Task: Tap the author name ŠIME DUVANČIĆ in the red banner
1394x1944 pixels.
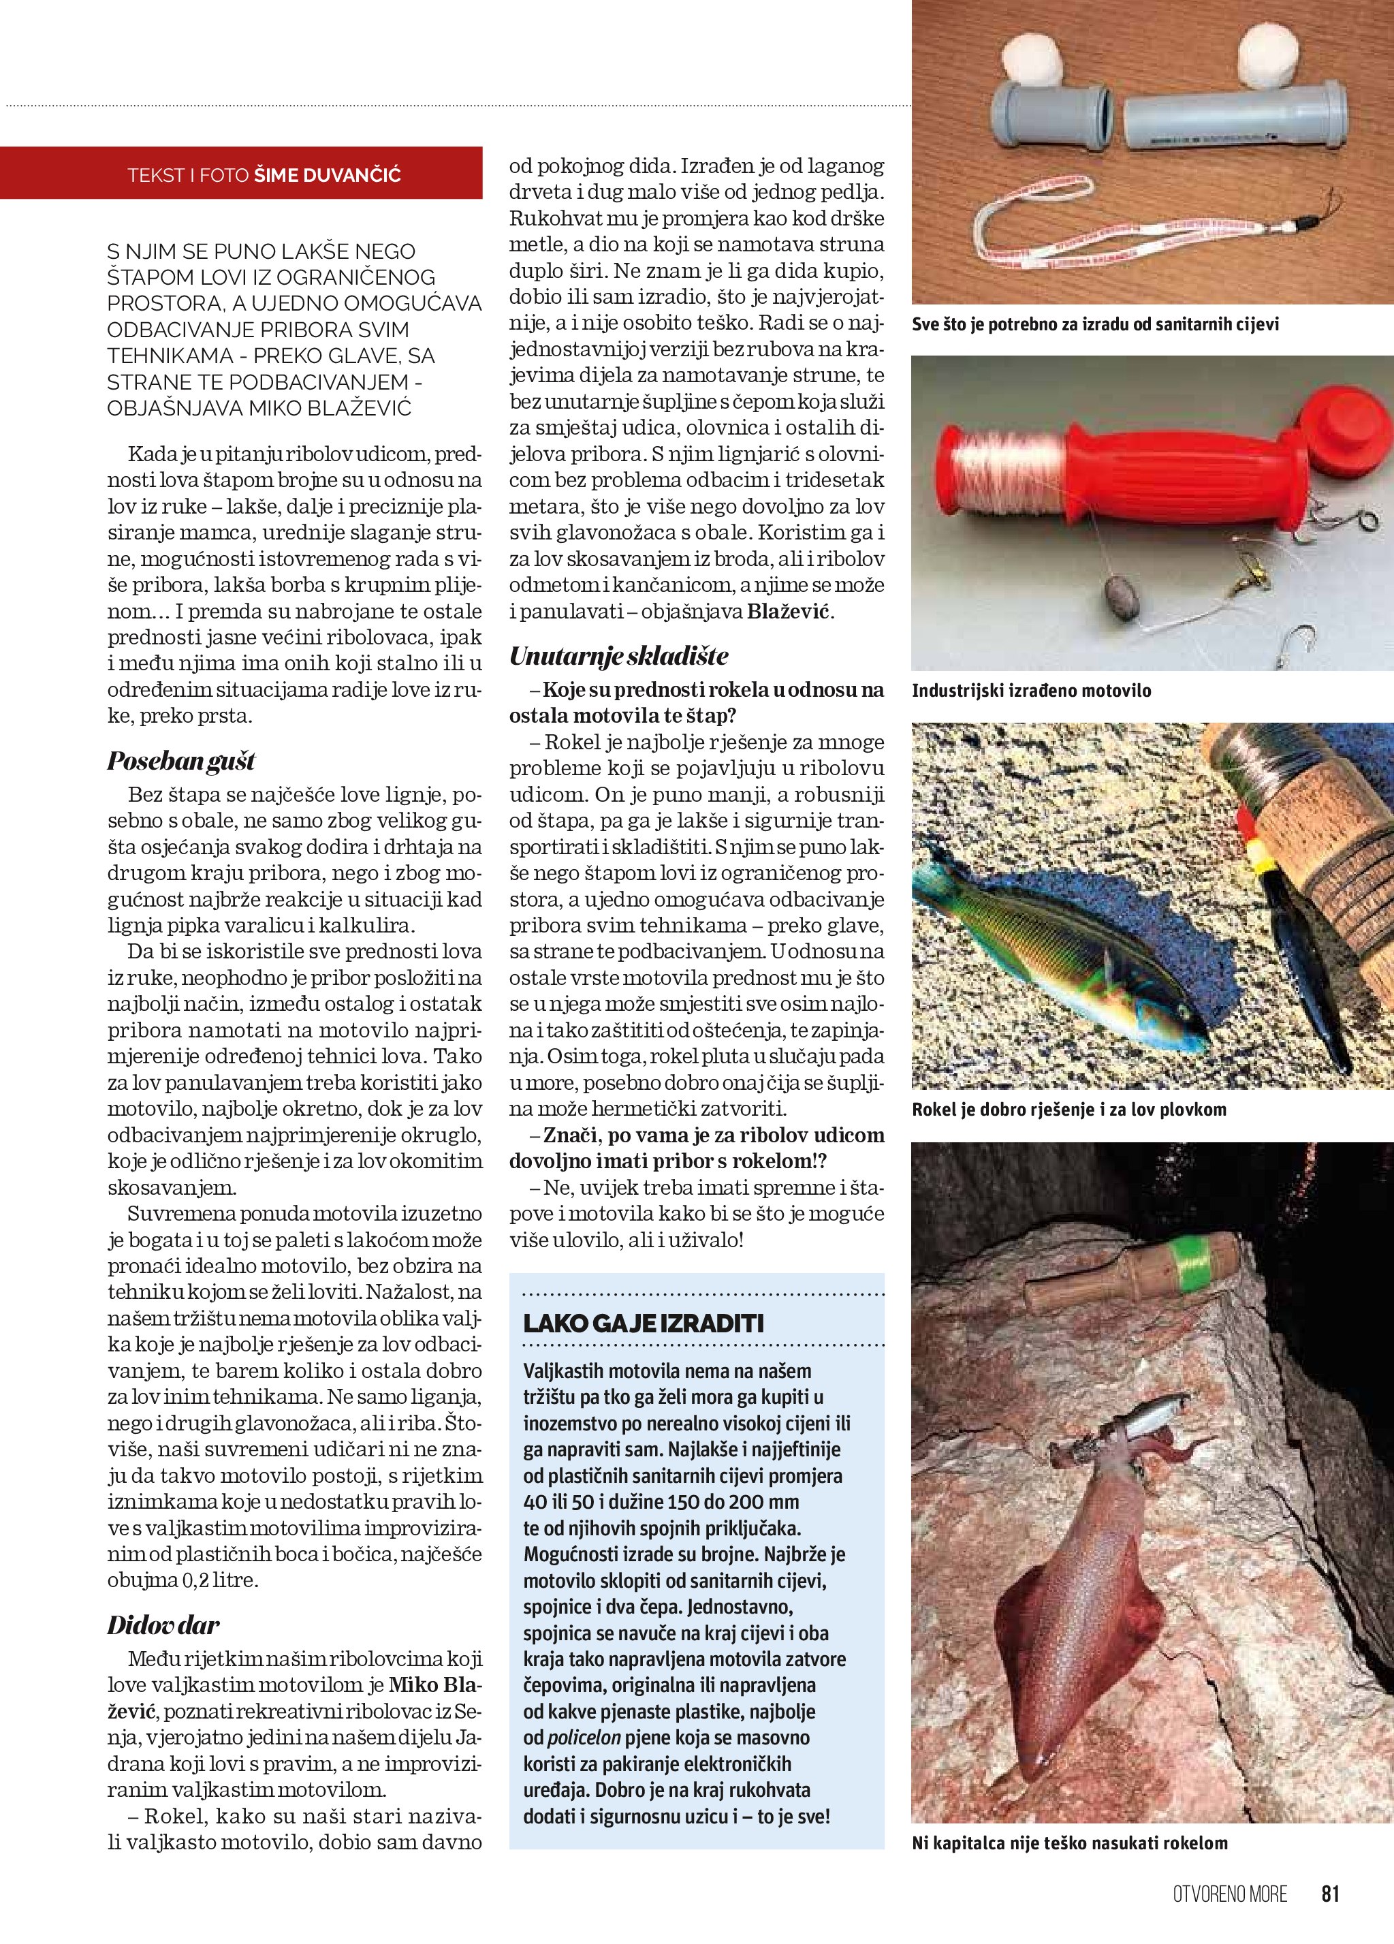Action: click(x=328, y=176)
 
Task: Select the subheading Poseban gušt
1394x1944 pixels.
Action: click(x=180, y=761)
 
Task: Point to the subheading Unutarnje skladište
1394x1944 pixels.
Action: click(x=618, y=657)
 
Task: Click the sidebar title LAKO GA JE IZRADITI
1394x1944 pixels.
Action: click(x=643, y=1323)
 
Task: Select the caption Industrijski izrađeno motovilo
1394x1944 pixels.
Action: click(x=1031, y=691)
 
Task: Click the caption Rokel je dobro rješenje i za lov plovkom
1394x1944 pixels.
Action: click(x=1068, y=1110)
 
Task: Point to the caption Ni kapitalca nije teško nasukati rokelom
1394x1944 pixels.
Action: click(x=1069, y=1843)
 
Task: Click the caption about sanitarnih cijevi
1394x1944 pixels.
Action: click(x=1094, y=324)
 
